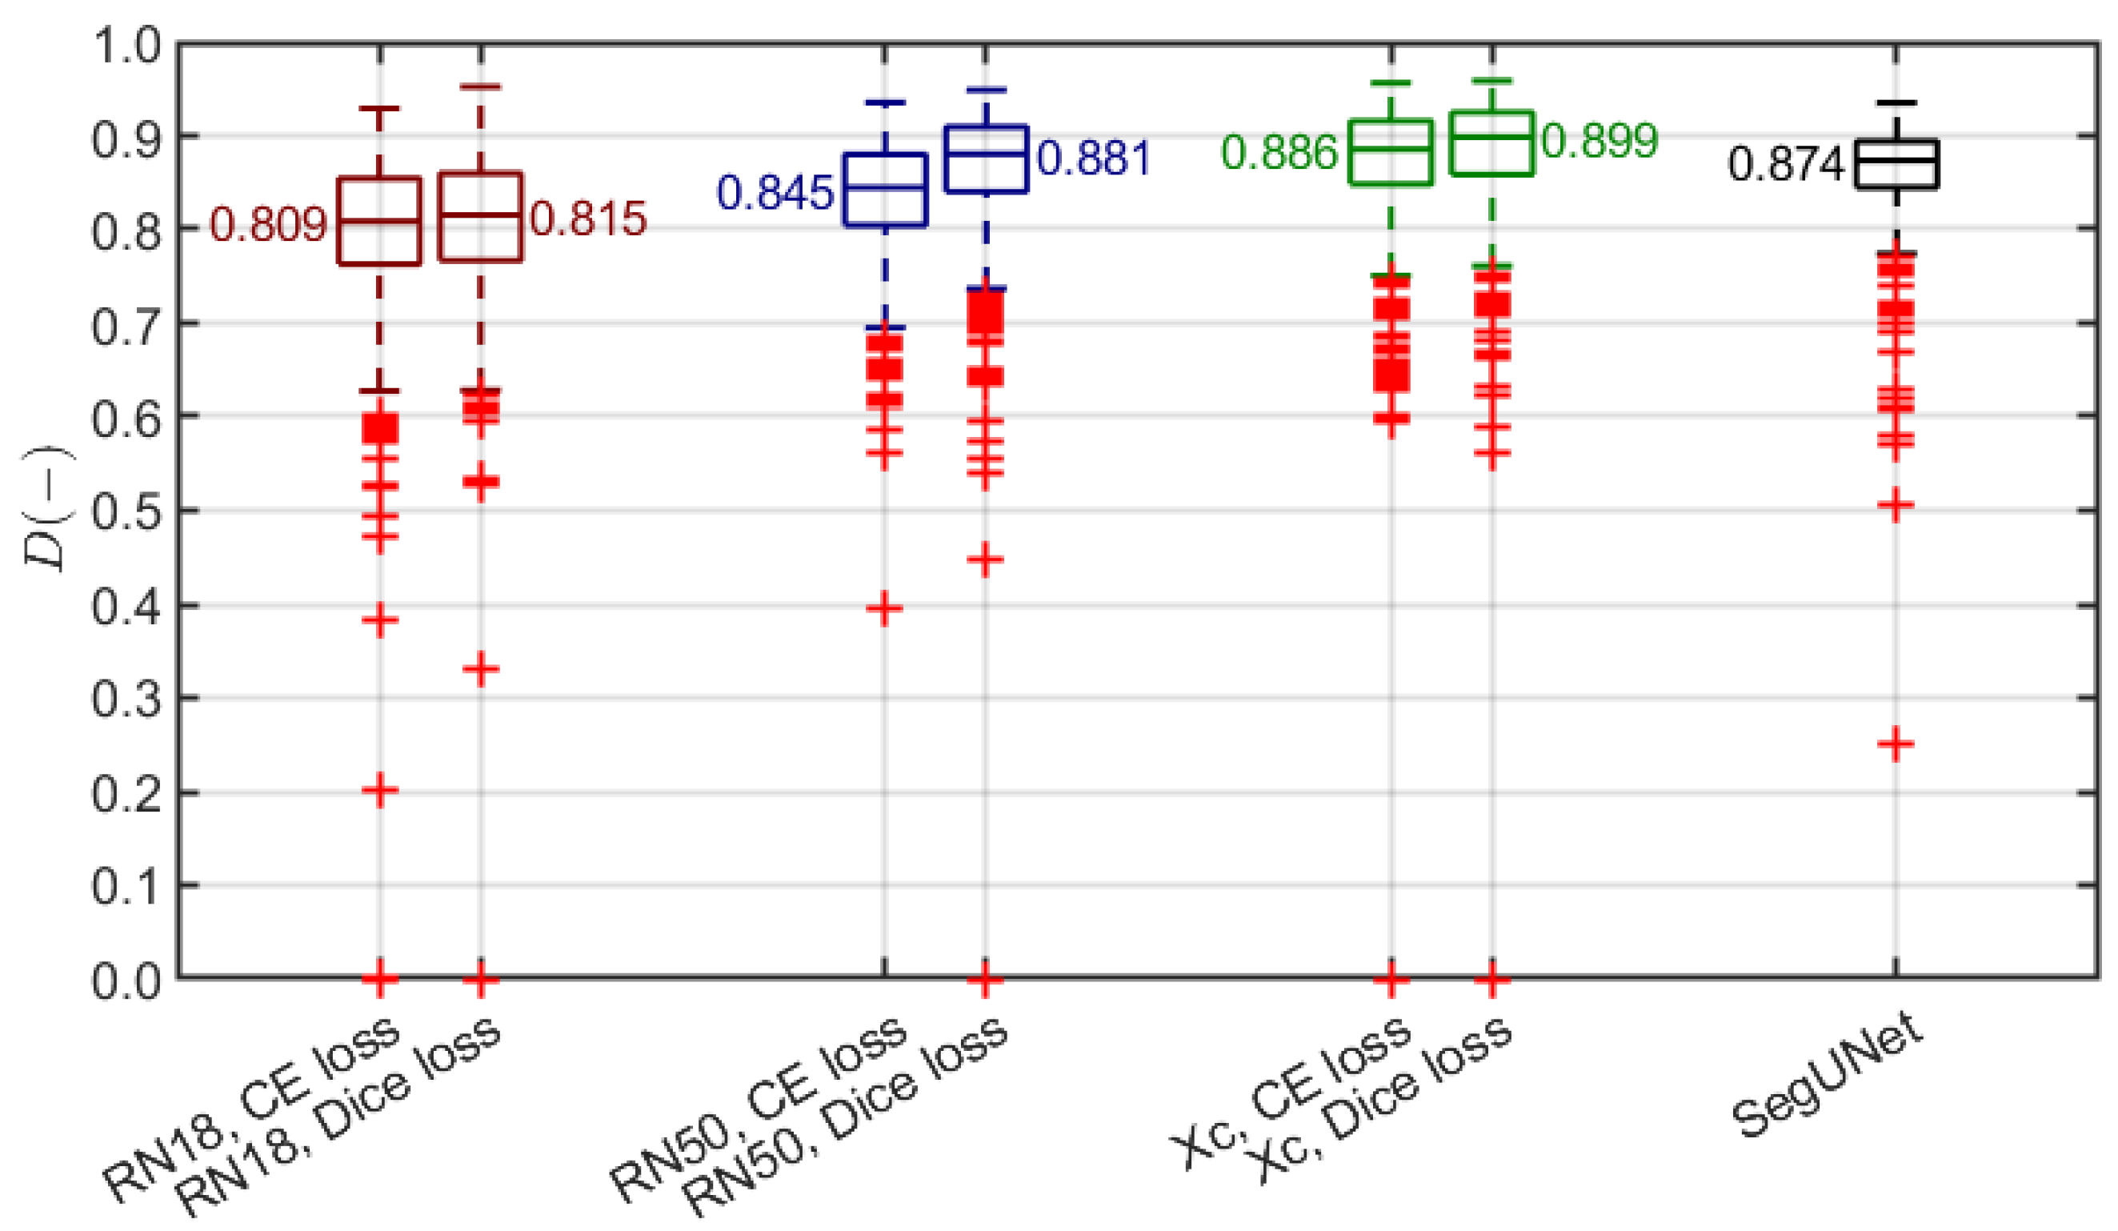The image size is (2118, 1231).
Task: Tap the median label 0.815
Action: tap(588, 219)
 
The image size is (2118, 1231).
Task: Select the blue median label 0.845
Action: tap(774, 193)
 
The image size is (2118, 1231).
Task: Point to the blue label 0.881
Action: tap(1093, 158)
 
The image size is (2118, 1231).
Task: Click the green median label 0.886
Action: tap(1279, 152)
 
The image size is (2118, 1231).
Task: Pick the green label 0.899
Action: tap(1599, 140)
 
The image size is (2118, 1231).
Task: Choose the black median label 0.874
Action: tap(1785, 163)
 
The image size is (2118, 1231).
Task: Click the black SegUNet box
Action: tap(1897, 164)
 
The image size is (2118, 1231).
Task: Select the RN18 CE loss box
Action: tap(380, 221)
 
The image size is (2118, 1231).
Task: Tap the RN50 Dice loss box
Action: tap(986, 159)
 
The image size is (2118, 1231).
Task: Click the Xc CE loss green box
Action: tap(1391, 152)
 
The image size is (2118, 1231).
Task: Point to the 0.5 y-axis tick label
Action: tap(126, 511)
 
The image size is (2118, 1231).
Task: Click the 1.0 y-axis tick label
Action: tap(126, 46)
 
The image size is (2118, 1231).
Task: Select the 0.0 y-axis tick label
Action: tap(126, 980)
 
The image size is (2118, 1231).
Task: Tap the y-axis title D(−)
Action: tap(49, 508)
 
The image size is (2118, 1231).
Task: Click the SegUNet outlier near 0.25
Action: tap(1896, 744)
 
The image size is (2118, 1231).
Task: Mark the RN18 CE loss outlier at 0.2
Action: tap(380, 791)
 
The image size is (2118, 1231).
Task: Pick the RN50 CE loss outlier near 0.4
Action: tap(884, 609)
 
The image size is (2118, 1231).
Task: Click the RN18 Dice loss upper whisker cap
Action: tap(481, 86)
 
